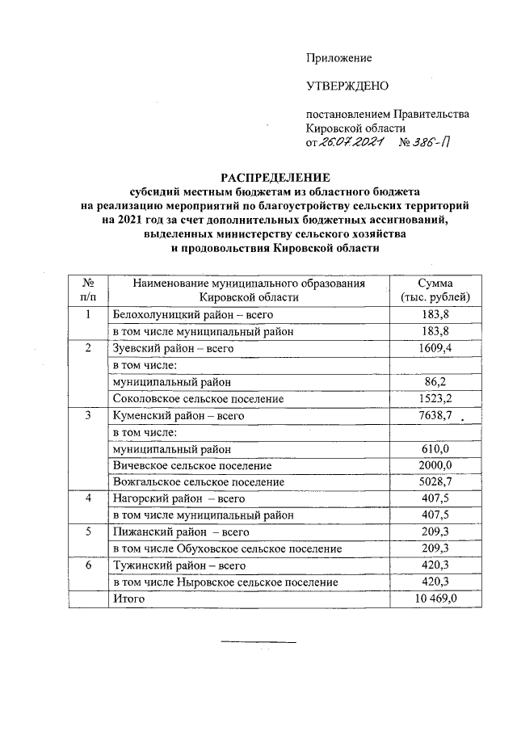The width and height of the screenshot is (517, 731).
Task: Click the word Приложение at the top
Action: (x=338, y=57)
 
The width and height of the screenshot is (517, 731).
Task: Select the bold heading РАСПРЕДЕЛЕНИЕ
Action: (x=277, y=177)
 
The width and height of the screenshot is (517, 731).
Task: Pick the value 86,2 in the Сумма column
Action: (x=435, y=382)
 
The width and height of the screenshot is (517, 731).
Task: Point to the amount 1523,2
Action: (x=435, y=399)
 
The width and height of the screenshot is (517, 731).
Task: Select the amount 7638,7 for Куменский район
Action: (x=435, y=416)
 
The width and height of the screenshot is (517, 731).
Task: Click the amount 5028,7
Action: (x=435, y=482)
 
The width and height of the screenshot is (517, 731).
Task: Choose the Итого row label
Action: (x=128, y=599)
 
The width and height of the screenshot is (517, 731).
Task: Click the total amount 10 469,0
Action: (x=435, y=599)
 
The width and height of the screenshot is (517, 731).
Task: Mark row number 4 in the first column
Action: (x=88, y=499)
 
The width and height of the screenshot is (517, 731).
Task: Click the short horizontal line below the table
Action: (x=258, y=643)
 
